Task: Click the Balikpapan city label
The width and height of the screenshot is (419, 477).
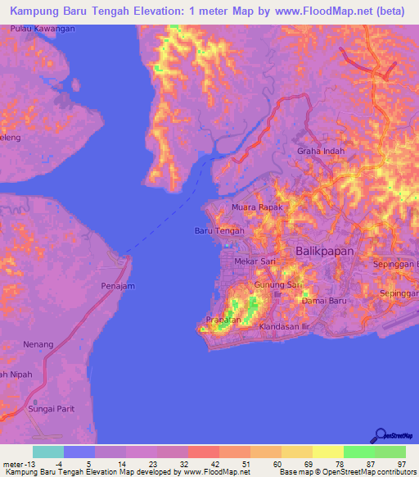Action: point(324,252)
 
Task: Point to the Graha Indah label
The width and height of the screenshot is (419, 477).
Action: point(320,152)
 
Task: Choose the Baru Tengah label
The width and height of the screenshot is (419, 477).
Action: point(219,231)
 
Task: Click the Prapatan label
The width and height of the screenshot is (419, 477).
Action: point(223,320)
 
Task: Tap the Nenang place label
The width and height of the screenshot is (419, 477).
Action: point(39,344)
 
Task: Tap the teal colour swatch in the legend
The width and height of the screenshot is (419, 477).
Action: point(48,452)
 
